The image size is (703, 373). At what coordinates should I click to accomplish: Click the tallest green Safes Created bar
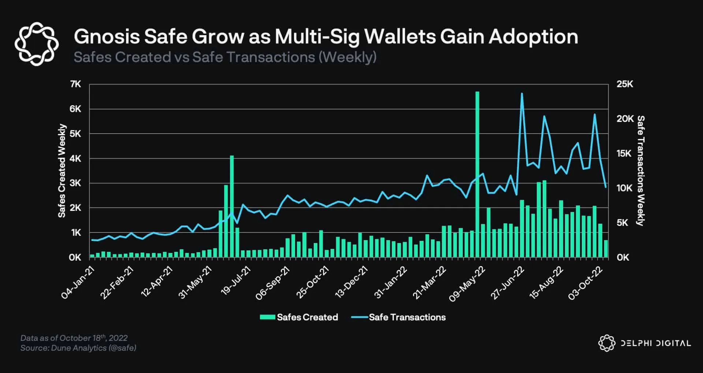coord(477,176)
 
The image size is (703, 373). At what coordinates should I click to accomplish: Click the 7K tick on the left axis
coord(75,84)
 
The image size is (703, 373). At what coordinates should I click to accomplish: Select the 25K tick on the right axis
coord(625,84)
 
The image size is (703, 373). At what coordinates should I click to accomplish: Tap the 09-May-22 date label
coord(467,284)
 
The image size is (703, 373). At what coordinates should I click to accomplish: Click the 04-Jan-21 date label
coord(78,283)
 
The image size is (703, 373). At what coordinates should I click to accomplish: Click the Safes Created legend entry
coord(299,317)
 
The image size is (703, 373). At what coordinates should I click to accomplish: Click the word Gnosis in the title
coord(107,37)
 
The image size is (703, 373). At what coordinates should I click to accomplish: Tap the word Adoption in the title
coord(533,37)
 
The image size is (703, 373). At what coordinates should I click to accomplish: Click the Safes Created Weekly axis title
coord(62,171)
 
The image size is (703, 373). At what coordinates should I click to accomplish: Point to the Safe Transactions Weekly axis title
coord(641,171)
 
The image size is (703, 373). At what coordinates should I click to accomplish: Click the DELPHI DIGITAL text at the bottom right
coord(655,343)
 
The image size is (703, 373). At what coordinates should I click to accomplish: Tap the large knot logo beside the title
coord(37,44)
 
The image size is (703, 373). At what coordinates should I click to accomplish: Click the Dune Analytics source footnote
coord(78,348)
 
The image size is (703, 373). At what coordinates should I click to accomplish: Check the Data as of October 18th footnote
coord(74,338)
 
